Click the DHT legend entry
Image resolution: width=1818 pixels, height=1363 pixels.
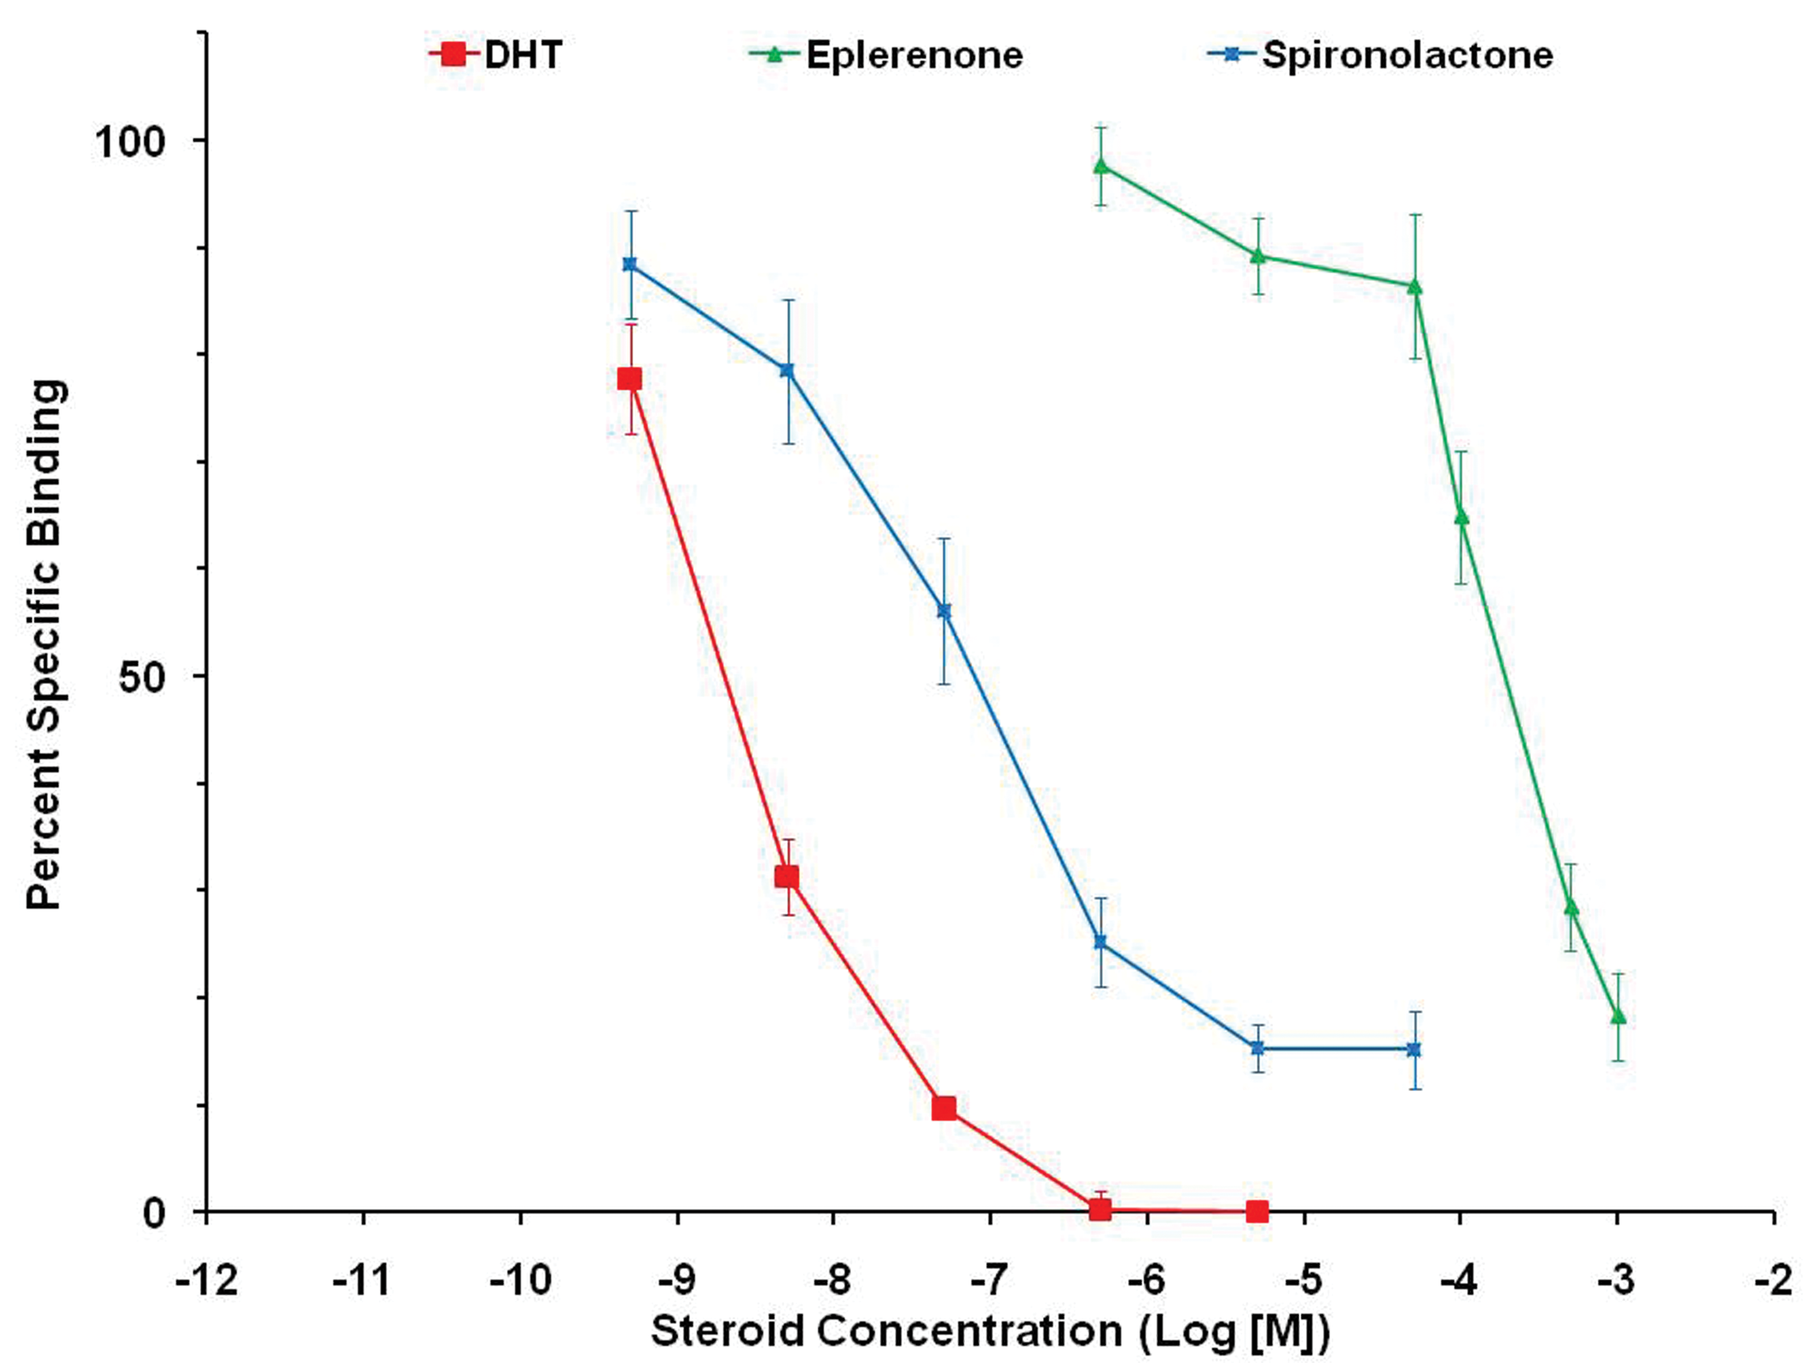click(x=496, y=55)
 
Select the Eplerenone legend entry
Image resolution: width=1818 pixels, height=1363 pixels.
click(x=886, y=55)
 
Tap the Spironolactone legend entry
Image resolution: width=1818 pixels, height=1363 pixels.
click(x=1381, y=55)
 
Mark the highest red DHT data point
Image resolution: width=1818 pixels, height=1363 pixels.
click(x=630, y=379)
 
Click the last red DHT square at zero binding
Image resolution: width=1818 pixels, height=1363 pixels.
click(x=1256, y=1211)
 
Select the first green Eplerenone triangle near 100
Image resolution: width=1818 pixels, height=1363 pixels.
click(x=1101, y=166)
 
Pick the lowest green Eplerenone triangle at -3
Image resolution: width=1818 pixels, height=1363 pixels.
click(x=1618, y=1016)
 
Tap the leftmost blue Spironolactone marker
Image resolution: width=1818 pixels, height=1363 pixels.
click(x=630, y=264)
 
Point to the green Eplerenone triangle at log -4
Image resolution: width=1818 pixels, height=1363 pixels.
click(x=1462, y=517)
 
